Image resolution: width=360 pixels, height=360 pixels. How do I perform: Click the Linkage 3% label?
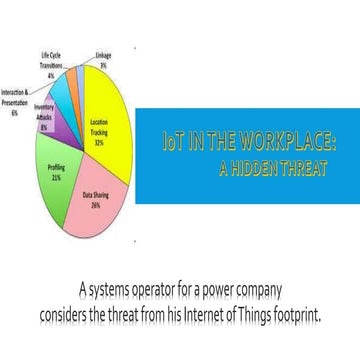[103, 59]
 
